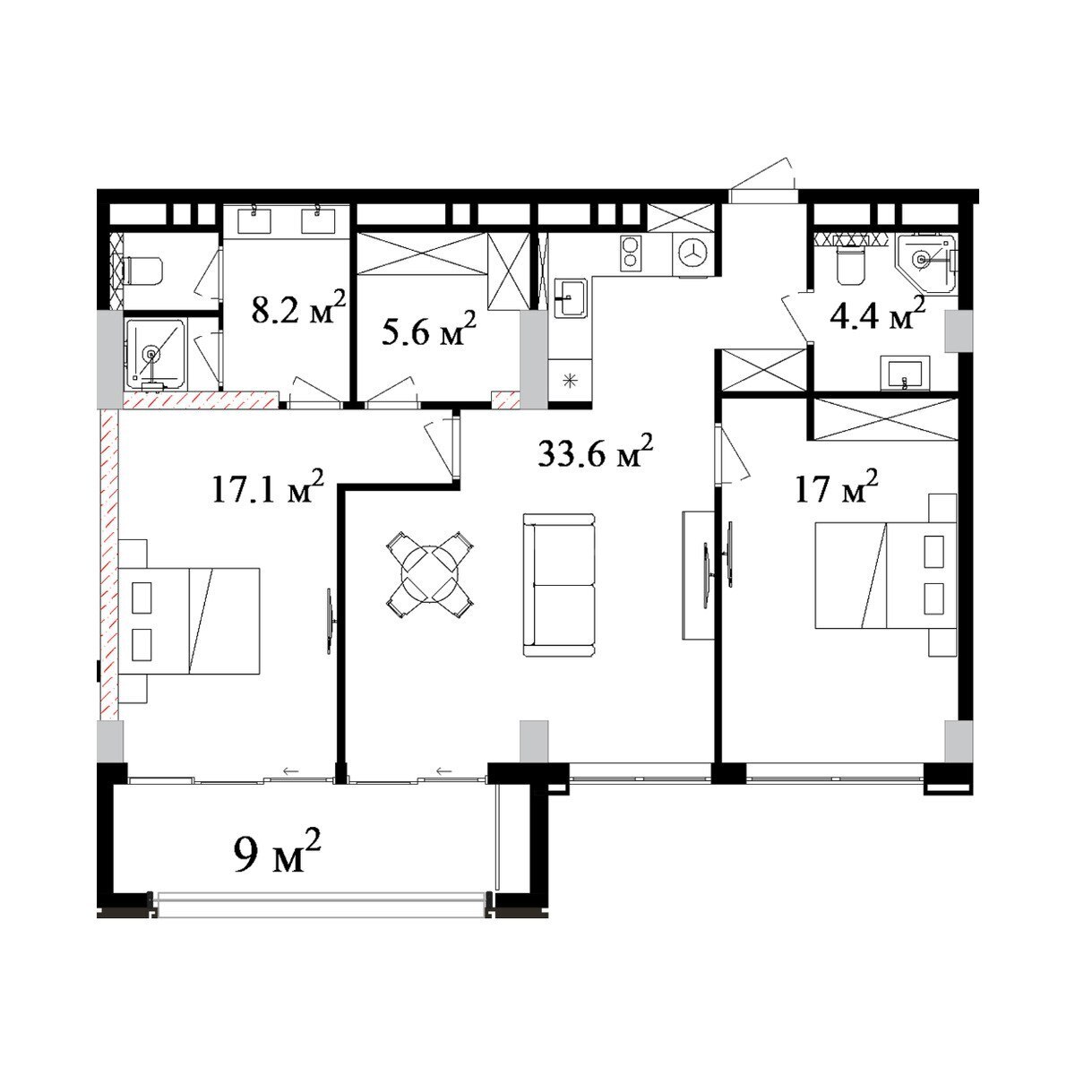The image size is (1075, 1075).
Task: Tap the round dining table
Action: (x=430, y=574)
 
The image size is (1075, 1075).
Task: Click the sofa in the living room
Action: (x=559, y=584)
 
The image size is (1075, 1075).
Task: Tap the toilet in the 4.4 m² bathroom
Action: (x=850, y=264)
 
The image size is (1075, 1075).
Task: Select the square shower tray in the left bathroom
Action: (x=155, y=354)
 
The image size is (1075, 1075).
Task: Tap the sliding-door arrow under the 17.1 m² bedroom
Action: (x=290, y=771)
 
